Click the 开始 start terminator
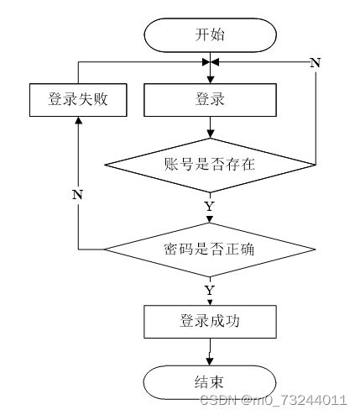pos(210,35)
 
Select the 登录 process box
pos(210,100)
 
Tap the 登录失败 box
pos(78,100)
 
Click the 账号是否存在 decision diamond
pos(210,165)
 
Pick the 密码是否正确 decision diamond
pos(210,250)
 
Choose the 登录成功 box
pos(210,322)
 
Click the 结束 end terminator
pos(210,382)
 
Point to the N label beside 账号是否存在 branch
pos(316,63)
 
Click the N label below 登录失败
pos(78,194)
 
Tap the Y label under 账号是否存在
pos(210,207)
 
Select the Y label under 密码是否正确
pos(210,291)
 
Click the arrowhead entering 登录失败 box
pos(78,120)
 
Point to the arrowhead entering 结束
pos(210,361)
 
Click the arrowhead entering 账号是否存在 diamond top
pos(210,134)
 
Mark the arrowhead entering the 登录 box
pos(210,80)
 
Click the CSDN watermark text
pos(274,400)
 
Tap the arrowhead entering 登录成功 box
pos(210,302)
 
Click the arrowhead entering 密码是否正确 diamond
pos(210,219)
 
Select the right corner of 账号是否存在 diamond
pos(316,165)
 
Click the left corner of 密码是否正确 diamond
pos(105,250)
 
